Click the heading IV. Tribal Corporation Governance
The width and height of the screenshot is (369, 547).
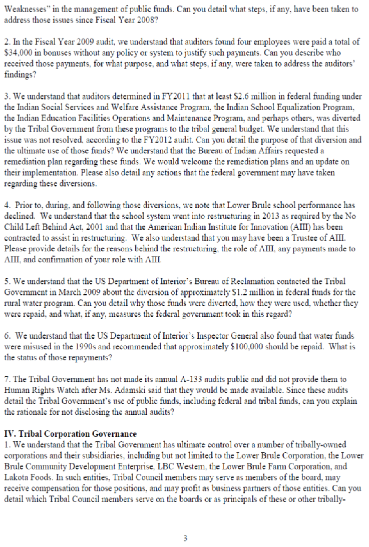tap(70, 434)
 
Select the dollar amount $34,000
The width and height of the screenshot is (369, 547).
tap(16, 53)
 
